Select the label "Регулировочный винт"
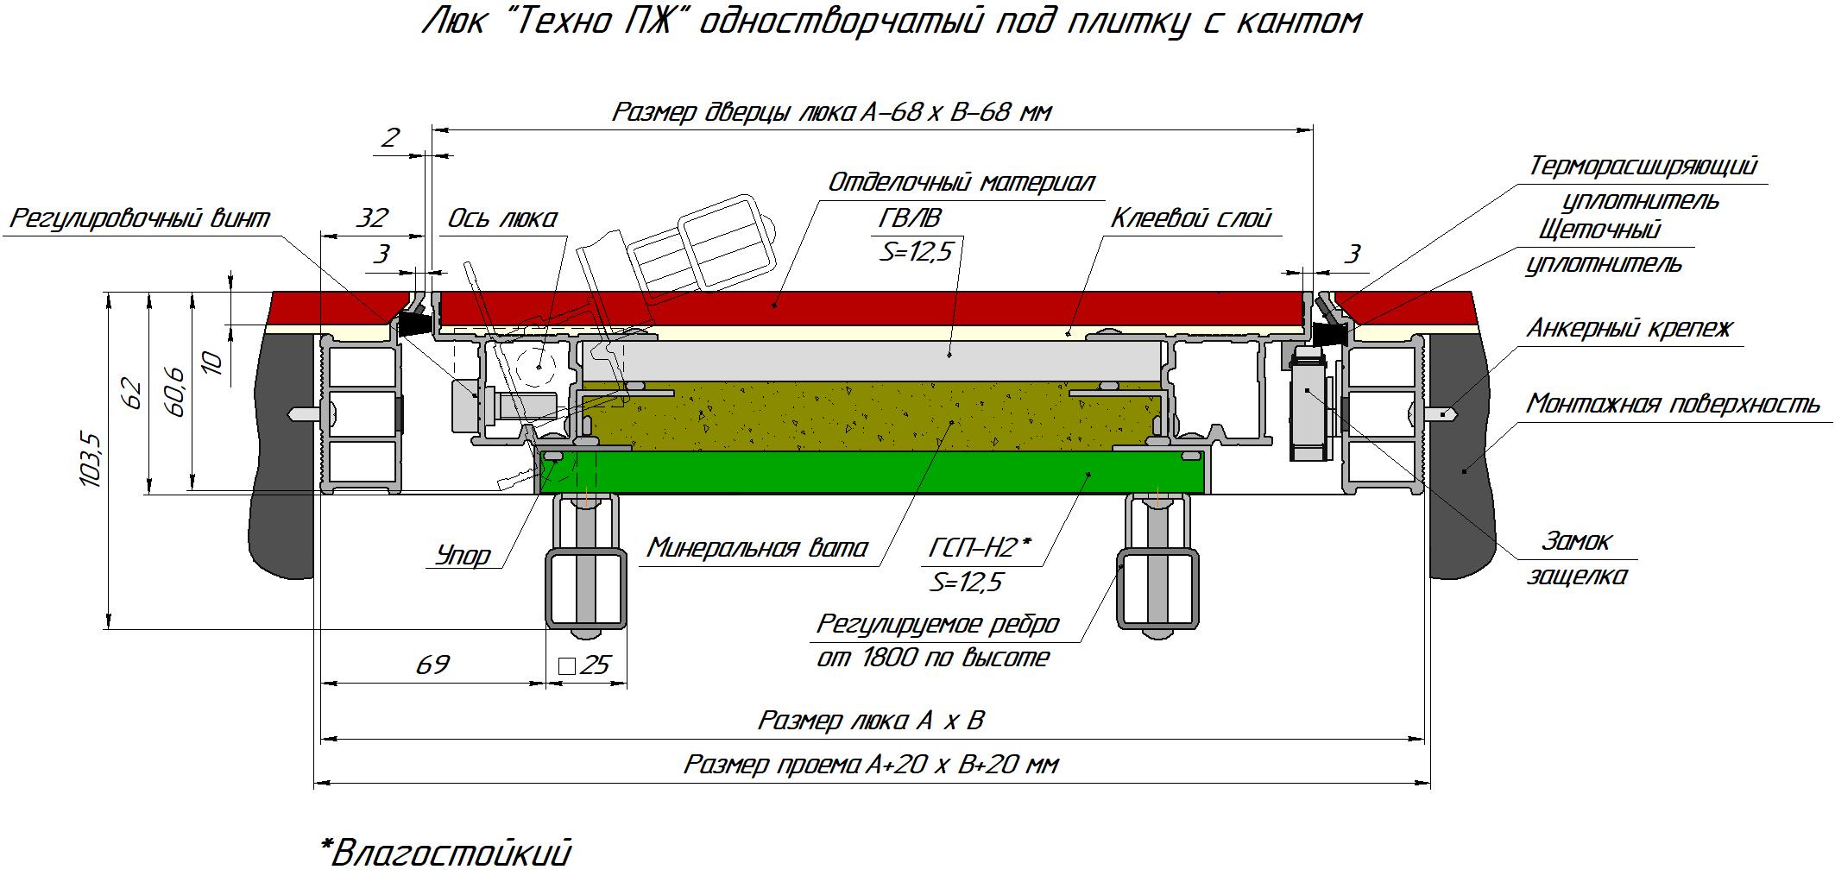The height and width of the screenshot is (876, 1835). point(140,218)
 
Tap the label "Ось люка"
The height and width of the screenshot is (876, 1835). point(502,219)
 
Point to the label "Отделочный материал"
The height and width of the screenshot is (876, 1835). point(961,182)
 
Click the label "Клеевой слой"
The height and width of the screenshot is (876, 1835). point(1191,218)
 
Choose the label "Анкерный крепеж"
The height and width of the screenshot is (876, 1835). point(1630,329)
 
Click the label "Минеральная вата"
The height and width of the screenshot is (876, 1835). point(758,548)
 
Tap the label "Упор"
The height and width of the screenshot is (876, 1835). point(463,555)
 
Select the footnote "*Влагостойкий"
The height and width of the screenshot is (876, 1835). point(445,853)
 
